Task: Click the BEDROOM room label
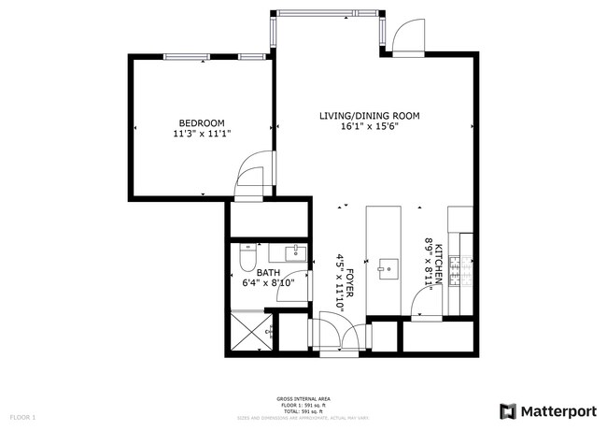click(201, 123)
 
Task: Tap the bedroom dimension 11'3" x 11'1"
click(201, 135)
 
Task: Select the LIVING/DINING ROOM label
click(369, 116)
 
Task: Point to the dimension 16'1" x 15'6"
click(369, 127)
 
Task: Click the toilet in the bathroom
click(247, 254)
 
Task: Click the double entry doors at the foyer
click(339, 333)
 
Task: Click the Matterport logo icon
click(508, 409)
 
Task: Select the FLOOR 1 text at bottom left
click(22, 416)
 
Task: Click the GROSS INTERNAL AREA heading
click(303, 397)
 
